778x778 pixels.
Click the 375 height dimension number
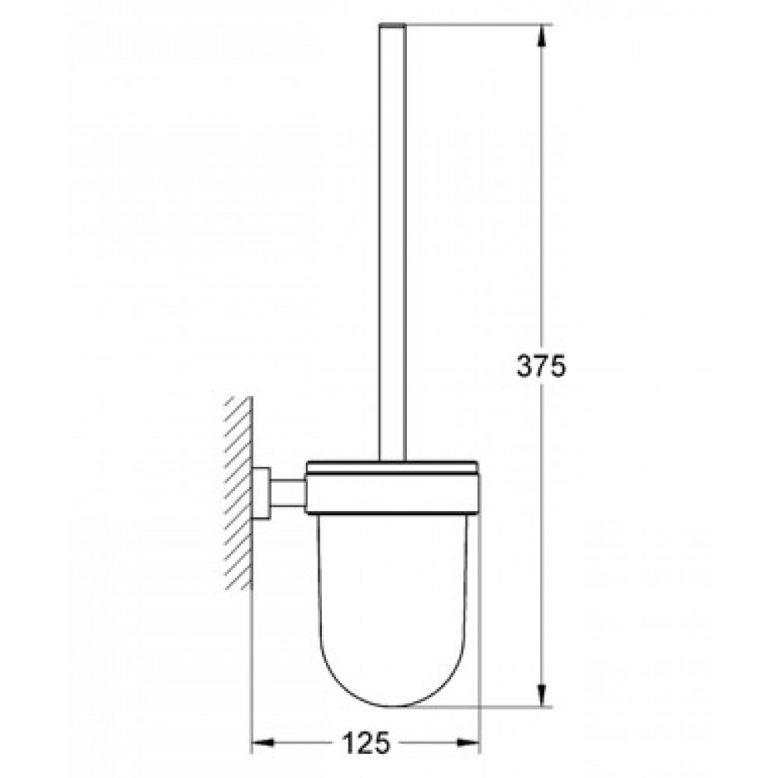[x=541, y=366]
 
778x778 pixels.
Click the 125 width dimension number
[x=366, y=743]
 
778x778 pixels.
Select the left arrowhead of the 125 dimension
[x=264, y=743]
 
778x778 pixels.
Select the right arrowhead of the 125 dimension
[x=468, y=743]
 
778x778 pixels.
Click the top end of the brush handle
[x=392, y=24]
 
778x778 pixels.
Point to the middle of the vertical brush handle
[x=392, y=242]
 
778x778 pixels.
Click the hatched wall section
[x=239, y=493]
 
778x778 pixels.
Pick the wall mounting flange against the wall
[x=261, y=494]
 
